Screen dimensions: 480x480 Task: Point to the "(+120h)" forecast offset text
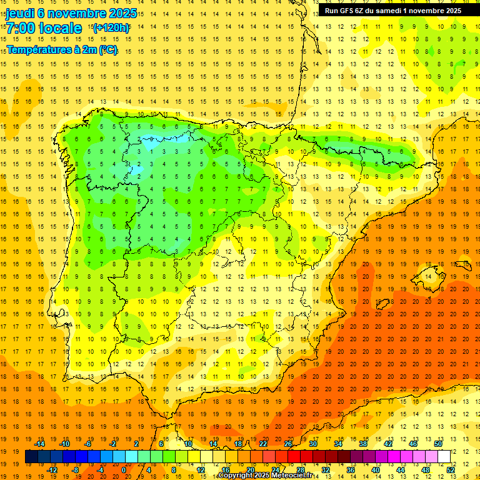111,27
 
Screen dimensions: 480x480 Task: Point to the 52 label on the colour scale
451,470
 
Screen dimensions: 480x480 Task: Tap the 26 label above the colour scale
287,444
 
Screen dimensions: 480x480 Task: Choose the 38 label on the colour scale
362,444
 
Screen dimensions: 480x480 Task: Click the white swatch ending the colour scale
444,457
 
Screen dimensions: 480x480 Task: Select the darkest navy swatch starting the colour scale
31,457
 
